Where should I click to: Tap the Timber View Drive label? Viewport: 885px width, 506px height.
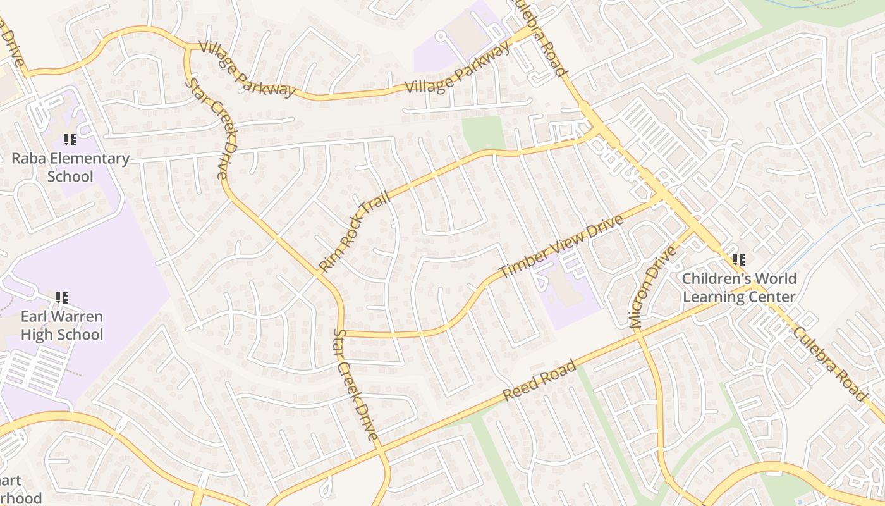pos(561,247)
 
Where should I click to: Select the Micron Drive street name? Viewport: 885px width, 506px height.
pos(654,287)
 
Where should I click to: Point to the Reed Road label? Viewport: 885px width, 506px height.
pos(539,381)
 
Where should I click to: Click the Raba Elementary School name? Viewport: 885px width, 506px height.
pos(70,167)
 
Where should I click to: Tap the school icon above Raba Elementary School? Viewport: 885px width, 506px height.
pos(70,139)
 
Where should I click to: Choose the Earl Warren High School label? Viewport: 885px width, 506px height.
pos(62,325)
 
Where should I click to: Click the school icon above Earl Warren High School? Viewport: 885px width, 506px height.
pos(62,297)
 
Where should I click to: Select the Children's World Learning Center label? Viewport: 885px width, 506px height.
pos(739,288)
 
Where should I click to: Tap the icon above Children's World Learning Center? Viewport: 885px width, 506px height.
pos(738,259)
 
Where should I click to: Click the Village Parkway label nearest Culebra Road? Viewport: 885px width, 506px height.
pos(458,68)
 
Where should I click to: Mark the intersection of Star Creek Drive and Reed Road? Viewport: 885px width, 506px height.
pos(380,450)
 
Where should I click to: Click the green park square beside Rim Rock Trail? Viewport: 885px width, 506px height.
pos(484,133)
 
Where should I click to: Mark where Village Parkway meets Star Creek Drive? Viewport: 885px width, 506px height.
pos(188,47)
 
